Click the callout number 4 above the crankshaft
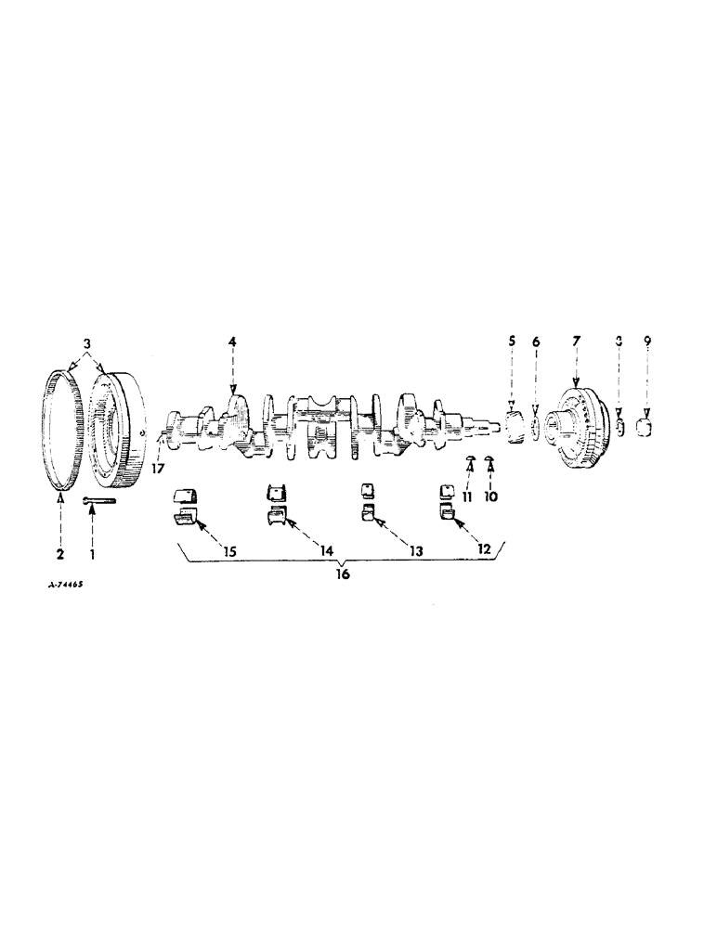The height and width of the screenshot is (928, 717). click(x=232, y=342)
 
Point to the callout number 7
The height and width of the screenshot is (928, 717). click(x=576, y=342)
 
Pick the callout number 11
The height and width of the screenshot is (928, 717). click(x=467, y=496)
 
